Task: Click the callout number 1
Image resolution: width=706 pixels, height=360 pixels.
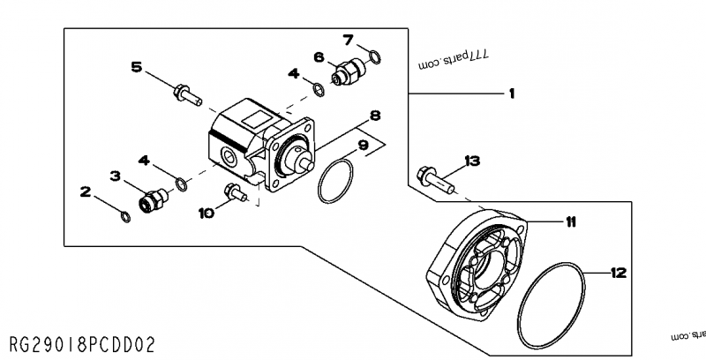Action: [x=511, y=93]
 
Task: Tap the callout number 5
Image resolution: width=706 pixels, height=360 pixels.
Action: [x=137, y=66]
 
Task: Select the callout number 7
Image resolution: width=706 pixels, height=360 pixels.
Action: [x=348, y=39]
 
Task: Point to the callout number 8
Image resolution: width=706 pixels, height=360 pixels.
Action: [x=375, y=115]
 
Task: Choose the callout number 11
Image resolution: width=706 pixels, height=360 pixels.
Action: [x=571, y=222]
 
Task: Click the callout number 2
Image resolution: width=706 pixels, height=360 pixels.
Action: [x=86, y=190]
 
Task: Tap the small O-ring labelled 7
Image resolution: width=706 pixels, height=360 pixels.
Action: [x=376, y=58]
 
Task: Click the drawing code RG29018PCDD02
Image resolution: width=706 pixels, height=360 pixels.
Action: [x=86, y=341]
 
